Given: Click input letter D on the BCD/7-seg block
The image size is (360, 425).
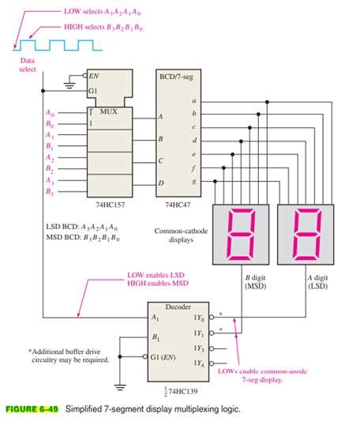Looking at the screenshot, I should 160,183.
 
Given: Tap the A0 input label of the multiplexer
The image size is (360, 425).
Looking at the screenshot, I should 51,113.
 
